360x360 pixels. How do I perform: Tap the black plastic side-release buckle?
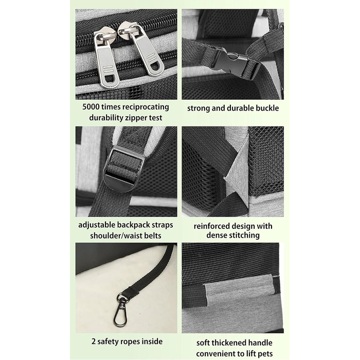tap(233, 62)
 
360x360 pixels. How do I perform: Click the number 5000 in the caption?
tap(91, 107)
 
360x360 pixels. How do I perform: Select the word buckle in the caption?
tap(267, 108)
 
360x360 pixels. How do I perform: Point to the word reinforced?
tap(211, 226)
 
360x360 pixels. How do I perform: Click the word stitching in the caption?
tap(244, 235)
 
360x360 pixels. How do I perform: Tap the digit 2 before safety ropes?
tap(94, 341)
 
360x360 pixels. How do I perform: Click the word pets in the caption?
tap(265, 354)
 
